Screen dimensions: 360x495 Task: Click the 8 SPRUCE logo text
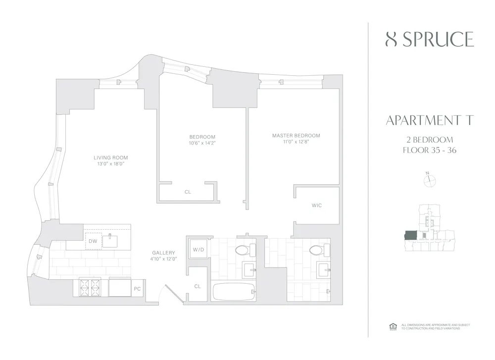pyautogui.click(x=429, y=40)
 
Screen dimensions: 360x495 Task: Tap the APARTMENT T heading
pyautogui.click(x=429, y=120)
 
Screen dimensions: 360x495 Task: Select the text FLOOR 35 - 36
pyautogui.click(x=429, y=150)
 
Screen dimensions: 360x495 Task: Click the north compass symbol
pyautogui.click(x=429, y=181)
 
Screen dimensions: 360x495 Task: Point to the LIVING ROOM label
pyautogui.click(x=111, y=158)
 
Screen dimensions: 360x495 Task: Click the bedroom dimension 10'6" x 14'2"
pyautogui.click(x=202, y=143)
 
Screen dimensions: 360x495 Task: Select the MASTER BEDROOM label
pyautogui.click(x=296, y=136)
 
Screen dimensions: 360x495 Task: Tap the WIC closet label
pyautogui.click(x=317, y=205)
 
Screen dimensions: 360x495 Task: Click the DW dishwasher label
pyautogui.click(x=93, y=241)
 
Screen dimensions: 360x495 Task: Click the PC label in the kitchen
pyautogui.click(x=137, y=288)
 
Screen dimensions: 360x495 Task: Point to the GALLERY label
pyautogui.click(x=163, y=253)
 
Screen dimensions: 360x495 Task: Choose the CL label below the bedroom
pyautogui.click(x=188, y=192)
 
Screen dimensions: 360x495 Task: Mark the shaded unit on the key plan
pyautogui.click(x=410, y=235)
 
